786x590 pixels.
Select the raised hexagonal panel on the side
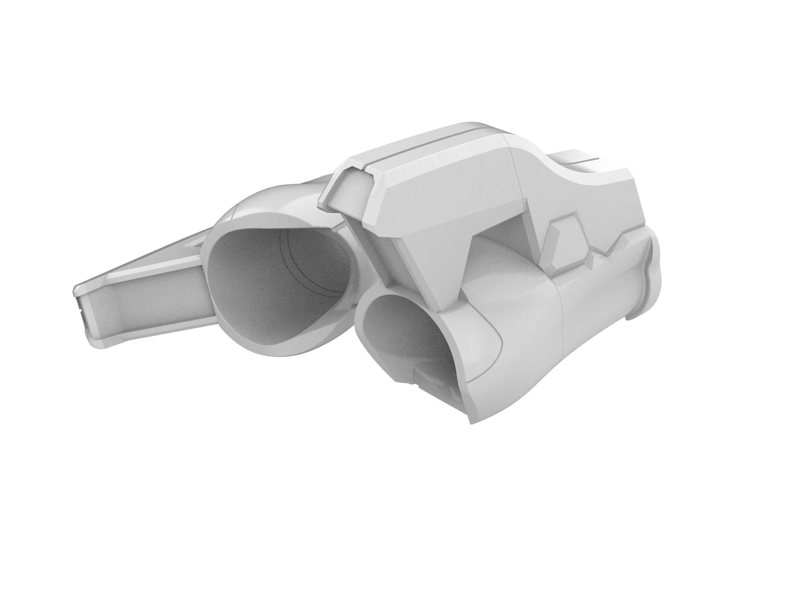pos(565,246)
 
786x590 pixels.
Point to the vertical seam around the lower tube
pos(562,338)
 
